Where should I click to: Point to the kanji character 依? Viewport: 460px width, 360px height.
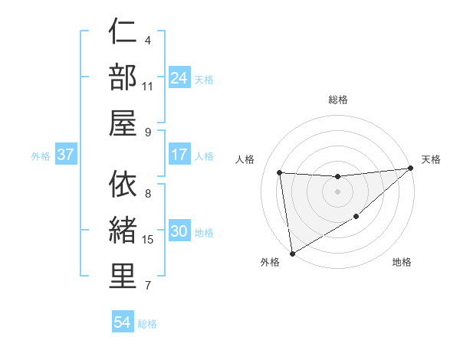pyautogui.click(x=123, y=184)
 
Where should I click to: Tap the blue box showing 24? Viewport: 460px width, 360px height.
pyautogui.click(x=179, y=77)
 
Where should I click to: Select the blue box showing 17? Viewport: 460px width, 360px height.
pyautogui.click(x=179, y=155)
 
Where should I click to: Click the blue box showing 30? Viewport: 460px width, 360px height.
pyautogui.click(x=179, y=232)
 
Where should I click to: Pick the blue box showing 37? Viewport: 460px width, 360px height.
pyautogui.click(x=66, y=155)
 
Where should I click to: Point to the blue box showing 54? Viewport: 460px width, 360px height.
pyautogui.click(x=123, y=322)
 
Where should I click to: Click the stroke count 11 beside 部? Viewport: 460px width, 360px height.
pyautogui.click(x=148, y=86)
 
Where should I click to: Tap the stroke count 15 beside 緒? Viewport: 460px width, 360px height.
pyautogui.click(x=148, y=240)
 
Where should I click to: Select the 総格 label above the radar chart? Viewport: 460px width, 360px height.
pyautogui.click(x=338, y=100)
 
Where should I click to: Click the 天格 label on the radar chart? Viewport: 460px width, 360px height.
pyautogui.click(x=431, y=159)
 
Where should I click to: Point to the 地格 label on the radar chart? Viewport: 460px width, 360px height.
pyautogui.click(x=402, y=262)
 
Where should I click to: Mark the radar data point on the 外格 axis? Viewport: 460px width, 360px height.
pyautogui.click(x=292, y=254)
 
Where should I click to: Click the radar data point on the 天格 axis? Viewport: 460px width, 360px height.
pyautogui.click(x=412, y=168)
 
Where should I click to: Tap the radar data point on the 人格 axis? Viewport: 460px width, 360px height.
pyautogui.click(x=280, y=172)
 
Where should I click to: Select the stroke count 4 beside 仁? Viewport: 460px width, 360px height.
pyautogui.click(x=147, y=40)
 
